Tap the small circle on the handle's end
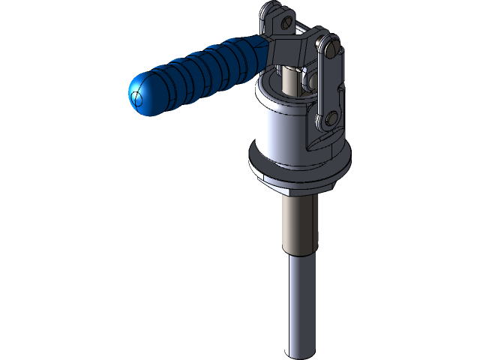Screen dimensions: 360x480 point(136,98)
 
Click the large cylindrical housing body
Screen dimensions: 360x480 point(281,127)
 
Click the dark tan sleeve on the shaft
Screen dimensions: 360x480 point(300,225)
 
